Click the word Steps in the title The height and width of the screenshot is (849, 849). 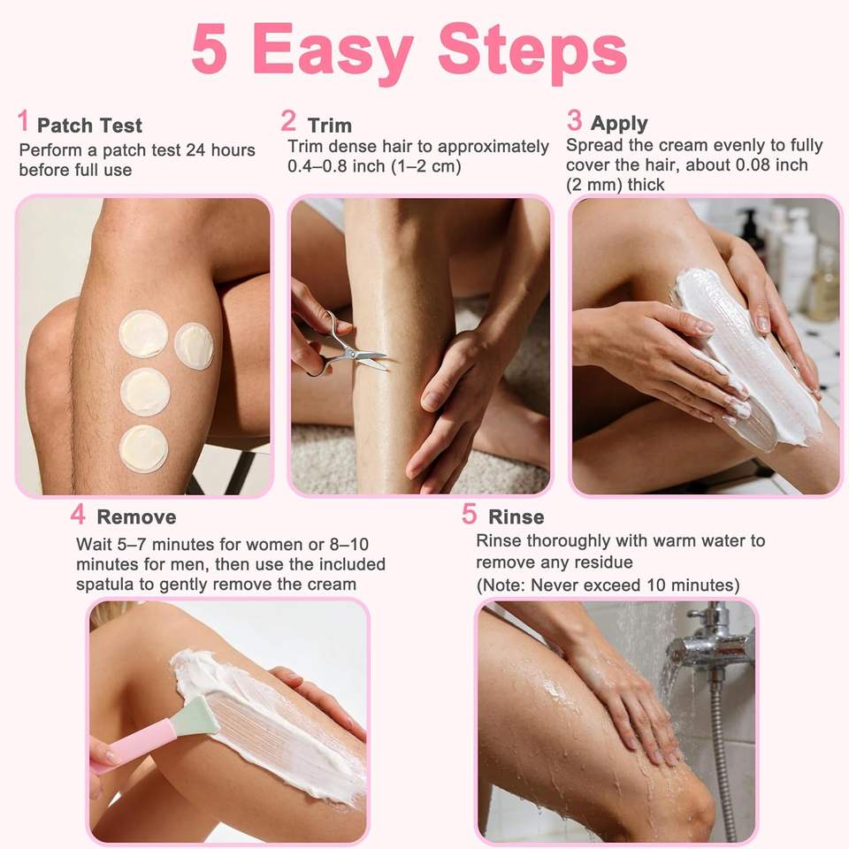[x=532, y=52]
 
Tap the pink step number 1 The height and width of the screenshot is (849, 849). [x=23, y=120]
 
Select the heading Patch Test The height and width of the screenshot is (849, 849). [x=90, y=126]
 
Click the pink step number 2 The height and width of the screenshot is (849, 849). [x=288, y=120]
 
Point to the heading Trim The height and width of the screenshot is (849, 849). [x=330, y=126]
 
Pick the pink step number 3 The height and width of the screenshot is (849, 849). [x=575, y=119]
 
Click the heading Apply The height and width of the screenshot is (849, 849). [x=619, y=124]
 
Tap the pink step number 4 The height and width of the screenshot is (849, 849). [x=78, y=514]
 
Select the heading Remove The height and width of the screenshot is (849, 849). [x=136, y=517]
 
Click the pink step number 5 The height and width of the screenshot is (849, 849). [x=470, y=514]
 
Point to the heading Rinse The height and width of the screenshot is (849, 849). [x=516, y=517]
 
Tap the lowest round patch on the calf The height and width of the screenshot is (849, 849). [x=144, y=448]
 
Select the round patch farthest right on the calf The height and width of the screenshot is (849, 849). [x=194, y=347]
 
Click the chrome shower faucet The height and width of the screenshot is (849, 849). [x=709, y=645]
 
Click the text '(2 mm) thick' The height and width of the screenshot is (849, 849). [x=616, y=185]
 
